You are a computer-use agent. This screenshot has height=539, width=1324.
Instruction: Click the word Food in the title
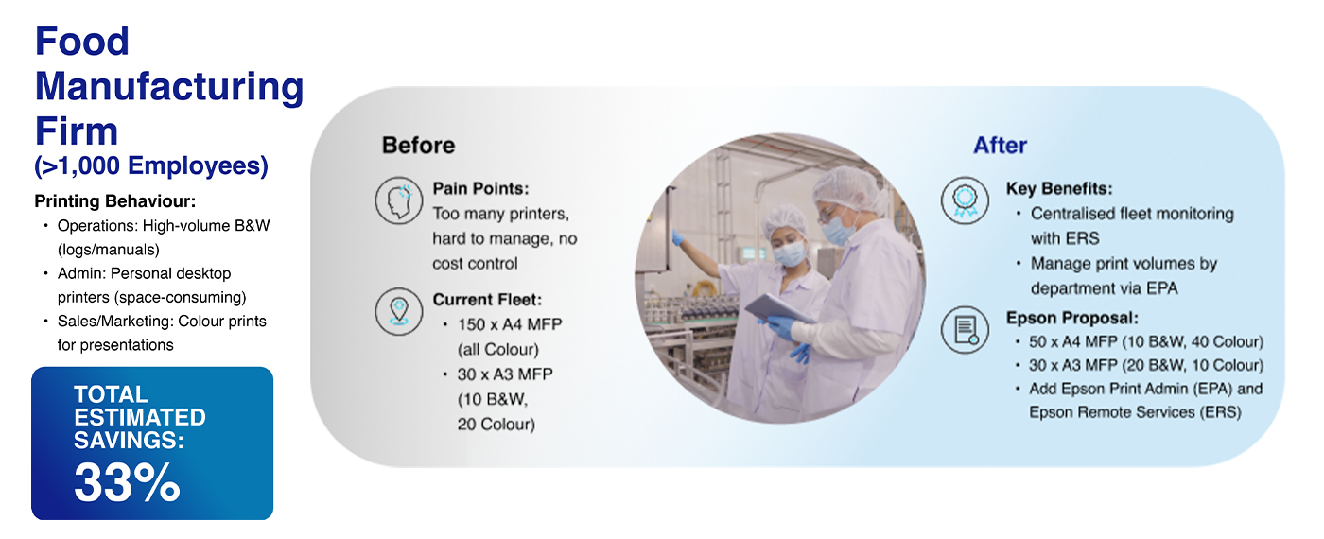coord(81,42)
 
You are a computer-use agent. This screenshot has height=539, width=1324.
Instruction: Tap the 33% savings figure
coord(127,482)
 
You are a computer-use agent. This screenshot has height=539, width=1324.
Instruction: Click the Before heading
coord(418,146)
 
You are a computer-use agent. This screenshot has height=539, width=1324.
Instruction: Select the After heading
coord(1001,146)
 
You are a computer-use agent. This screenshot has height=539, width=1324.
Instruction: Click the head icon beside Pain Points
coord(399,200)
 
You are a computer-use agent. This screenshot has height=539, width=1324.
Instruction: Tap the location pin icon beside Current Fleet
coord(399,311)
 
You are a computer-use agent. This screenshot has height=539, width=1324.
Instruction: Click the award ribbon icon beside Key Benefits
coord(966,200)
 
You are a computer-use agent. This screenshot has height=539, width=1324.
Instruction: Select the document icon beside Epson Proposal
coord(966,330)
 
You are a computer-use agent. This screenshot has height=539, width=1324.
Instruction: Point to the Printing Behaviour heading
coord(115,201)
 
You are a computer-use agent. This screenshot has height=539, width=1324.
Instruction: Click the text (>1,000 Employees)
coord(151,166)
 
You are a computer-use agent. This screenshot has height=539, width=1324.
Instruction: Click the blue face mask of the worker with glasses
coord(838,228)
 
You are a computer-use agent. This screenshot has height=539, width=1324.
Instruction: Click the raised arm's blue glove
coord(677,237)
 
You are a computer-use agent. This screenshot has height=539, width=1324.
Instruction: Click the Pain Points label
coord(480,188)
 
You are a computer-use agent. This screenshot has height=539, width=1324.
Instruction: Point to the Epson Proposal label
coord(1072,318)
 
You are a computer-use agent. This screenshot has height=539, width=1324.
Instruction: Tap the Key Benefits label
coord(1059,188)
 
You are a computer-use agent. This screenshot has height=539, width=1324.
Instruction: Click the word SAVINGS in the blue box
coord(129,441)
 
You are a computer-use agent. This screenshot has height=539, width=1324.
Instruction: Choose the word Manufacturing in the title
coord(169,86)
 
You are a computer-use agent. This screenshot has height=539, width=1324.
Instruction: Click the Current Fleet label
coord(487,300)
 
